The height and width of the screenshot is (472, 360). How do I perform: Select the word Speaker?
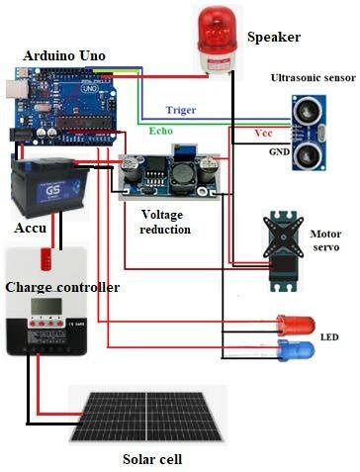click(273, 38)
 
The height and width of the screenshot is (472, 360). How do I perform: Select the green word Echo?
click(160, 130)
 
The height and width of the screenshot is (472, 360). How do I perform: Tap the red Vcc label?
click(264, 132)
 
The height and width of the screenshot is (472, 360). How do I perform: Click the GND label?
click(279, 153)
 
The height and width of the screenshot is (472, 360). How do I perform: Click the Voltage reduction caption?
click(166, 221)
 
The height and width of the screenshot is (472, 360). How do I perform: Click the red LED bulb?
click(296, 325)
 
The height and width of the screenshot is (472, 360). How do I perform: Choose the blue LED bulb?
click(296, 351)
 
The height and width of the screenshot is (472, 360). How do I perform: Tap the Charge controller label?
click(62, 287)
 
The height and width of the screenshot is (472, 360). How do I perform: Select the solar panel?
click(147, 416)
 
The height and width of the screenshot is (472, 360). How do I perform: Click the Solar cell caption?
click(152, 459)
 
